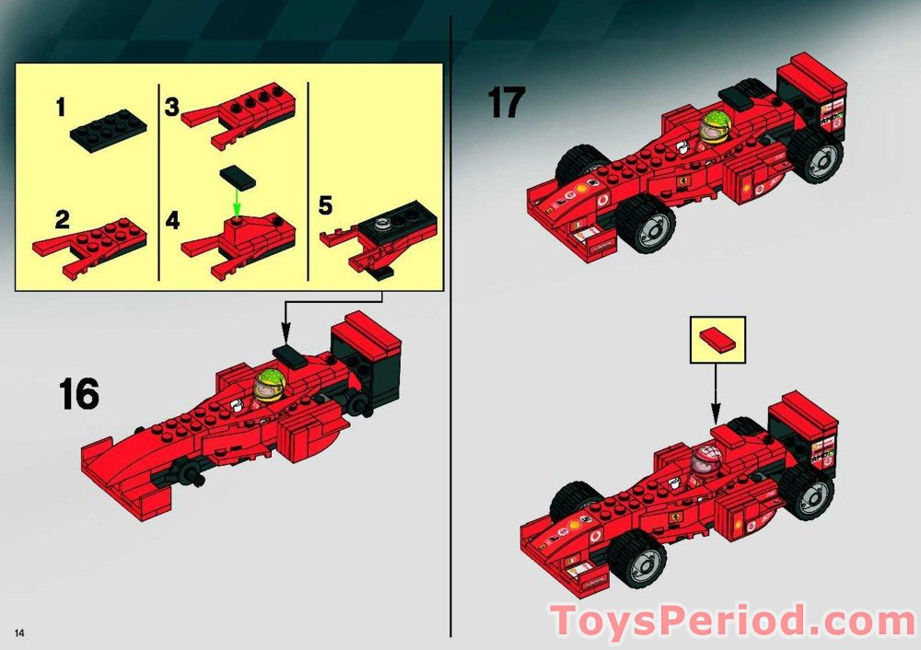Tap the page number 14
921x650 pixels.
tap(18, 631)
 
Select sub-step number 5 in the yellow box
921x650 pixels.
tap(325, 204)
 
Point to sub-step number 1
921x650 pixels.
tap(61, 109)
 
